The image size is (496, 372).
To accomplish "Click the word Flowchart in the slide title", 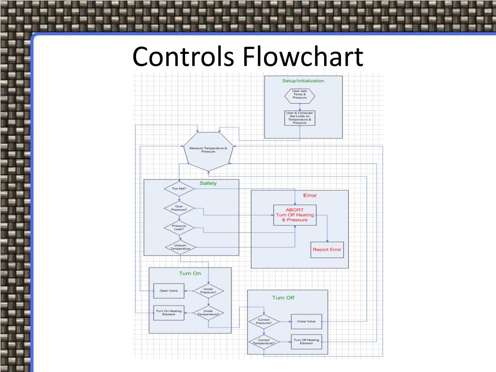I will [303, 57].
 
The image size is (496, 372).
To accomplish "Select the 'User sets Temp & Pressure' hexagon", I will [299, 94].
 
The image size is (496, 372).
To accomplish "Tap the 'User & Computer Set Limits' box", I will [299, 118].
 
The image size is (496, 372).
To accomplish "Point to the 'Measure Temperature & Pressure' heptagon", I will [208, 150].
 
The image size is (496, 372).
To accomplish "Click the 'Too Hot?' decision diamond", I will [179, 188].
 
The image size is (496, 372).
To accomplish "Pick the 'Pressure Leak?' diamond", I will [179, 227].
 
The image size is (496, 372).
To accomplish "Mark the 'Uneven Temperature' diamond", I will [179, 247].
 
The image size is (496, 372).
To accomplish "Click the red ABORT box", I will [294, 215].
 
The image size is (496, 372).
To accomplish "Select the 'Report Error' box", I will [327, 249].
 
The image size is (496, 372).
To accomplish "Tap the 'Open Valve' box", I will [169, 291].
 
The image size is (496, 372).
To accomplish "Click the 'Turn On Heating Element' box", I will [169, 312].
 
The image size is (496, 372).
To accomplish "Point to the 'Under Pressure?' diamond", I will [208, 291].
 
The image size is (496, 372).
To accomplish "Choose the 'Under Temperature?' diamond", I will [208, 312].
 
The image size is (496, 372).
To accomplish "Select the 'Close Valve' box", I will [306, 321].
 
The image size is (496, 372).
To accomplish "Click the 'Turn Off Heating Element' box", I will [306, 342].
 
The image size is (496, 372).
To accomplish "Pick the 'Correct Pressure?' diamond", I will [263, 321].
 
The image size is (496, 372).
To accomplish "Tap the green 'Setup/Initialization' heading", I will [303, 81].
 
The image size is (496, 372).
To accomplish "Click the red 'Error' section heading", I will [310, 196].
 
